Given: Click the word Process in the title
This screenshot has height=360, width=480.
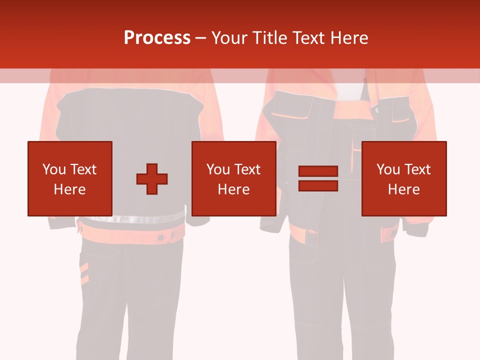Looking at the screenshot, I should (x=157, y=38).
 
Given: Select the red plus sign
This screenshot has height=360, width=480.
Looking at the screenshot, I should (x=152, y=178).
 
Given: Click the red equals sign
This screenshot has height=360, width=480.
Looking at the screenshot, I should (x=318, y=178).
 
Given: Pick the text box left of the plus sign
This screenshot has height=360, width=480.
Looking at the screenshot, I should (x=70, y=178).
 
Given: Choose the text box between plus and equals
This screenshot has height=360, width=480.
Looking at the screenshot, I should (x=233, y=178).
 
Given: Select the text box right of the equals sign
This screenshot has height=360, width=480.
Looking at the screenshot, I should (x=403, y=178).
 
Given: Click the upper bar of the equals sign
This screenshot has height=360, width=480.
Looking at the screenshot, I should (x=318, y=171).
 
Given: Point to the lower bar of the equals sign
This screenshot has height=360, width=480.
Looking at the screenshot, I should (x=318, y=185).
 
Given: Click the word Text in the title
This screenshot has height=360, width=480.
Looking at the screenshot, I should (x=306, y=38).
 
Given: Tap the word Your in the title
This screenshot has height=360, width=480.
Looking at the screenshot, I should (x=227, y=38).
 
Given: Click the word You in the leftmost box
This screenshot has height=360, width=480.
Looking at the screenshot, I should (x=54, y=169).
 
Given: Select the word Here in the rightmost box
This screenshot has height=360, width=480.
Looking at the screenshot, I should (x=403, y=189).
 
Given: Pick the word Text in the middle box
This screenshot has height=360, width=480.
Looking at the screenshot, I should (x=247, y=169).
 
